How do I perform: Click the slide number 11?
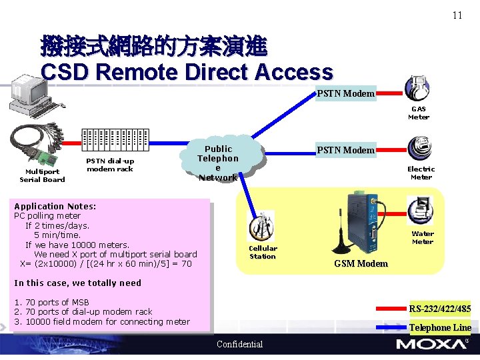pos(457,15)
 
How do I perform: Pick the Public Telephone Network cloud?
pos(218,163)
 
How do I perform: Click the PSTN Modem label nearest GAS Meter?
pos(345,93)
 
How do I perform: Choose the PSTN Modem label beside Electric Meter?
pos(345,150)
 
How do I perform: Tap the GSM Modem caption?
pos(361,263)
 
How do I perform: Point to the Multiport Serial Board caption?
pos(42,175)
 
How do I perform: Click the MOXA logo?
pos(431,344)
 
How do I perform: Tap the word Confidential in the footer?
pos(240,344)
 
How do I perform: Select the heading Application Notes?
pos(55,207)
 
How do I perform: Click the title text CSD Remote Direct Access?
pos(187,72)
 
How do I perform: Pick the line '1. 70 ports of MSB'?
pos(51,302)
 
